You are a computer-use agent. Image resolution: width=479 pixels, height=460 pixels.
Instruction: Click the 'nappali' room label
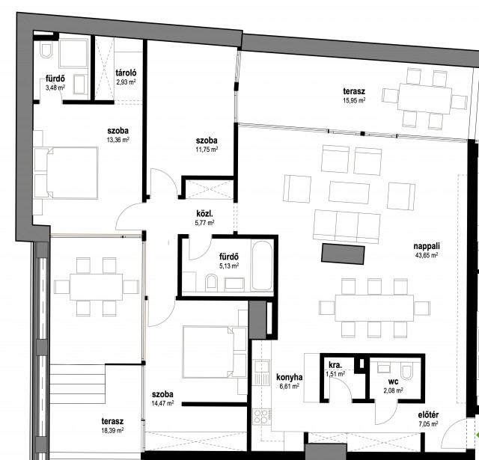pos(427,247)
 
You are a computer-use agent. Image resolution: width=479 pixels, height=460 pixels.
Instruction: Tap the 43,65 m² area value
pos(427,256)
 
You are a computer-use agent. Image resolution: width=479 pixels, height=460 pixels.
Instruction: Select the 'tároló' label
pos(126,73)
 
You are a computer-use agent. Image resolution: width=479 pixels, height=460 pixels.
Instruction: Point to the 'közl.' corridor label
pos(204,213)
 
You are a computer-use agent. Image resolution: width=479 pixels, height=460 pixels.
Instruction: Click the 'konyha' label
pos(290,378)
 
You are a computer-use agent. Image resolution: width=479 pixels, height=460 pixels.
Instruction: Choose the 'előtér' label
pos(428,415)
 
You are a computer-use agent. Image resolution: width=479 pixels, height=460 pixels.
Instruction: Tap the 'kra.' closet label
pos(335,365)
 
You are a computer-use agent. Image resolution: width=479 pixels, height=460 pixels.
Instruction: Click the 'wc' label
pos(393,381)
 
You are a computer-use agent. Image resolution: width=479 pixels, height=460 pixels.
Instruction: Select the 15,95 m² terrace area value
pos(354,100)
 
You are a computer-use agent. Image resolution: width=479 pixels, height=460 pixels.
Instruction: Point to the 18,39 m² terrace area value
pos(112,430)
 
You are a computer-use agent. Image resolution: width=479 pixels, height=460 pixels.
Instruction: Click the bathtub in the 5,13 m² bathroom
pos(262,265)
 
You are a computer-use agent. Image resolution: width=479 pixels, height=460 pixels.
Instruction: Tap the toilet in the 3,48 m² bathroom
pos(46,51)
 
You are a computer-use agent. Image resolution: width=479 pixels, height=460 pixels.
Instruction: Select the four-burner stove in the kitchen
pos(262,417)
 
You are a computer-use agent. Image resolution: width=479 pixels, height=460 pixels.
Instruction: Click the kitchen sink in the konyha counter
pos(262,372)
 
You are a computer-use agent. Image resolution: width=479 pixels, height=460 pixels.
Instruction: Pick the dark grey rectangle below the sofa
pos(343,254)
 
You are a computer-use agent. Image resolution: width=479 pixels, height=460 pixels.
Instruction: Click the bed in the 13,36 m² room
pos(67,173)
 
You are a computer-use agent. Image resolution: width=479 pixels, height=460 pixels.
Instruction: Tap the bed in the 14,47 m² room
pos(215,352)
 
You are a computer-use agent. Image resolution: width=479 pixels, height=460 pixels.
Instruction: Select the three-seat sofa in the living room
pos(347,227)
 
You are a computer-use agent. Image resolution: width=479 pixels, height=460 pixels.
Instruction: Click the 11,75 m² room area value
pos(207,150)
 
